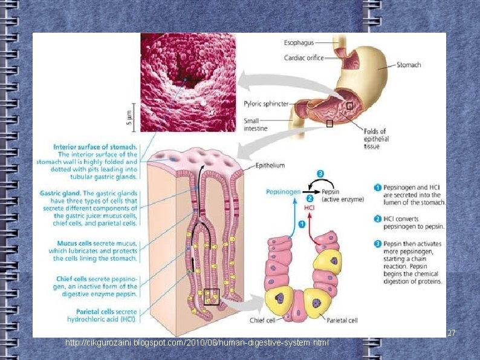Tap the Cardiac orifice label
click(303, 58)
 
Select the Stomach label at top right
click(409, 65)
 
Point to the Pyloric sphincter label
click(266, 104)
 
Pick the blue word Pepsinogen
click(283, 192)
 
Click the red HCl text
click(309, 208)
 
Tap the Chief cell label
click(264, 320)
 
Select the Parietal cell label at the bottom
click(342, 320)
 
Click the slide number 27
click(451, 333)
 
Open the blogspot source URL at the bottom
click(197, 344)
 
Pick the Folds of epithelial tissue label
click(375, 139)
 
